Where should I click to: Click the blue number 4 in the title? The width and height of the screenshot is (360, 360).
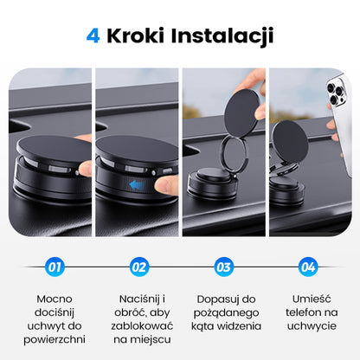[x=93, y=35]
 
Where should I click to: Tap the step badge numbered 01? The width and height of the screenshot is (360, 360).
[x=55, y=267]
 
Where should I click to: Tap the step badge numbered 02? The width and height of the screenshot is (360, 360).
[x=139, y=267]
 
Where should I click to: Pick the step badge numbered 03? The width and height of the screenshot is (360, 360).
[x=223, y=267]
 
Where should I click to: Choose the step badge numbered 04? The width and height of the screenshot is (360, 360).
[x=307, y=267]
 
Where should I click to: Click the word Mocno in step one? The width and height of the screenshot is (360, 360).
[x=55, y=299]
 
